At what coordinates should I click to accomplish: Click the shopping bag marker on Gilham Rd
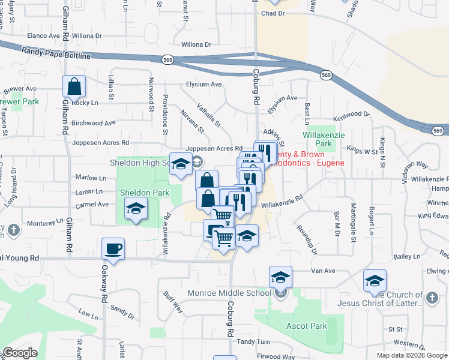74,86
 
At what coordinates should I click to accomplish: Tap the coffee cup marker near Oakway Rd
113,248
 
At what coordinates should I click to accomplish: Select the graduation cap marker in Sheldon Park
136,209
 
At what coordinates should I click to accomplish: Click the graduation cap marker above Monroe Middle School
280,277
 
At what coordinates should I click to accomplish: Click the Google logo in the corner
20,352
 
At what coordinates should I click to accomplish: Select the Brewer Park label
18,101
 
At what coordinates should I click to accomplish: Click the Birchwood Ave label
93,123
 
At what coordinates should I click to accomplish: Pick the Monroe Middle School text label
237,293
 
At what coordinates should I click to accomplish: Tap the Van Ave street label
323,271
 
